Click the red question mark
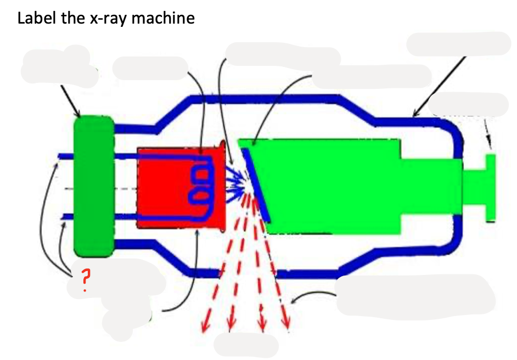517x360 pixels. click(x=84, y=280)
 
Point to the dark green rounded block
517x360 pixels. click(x=93, y=187)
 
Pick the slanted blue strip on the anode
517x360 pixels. click(x=257, y=184)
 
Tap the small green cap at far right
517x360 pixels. click(x=490, y=187)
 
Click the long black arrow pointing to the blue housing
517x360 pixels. click(x=439, y=85)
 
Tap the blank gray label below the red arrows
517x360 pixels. click(x=245, y=345)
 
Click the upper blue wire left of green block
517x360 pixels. click(x=67, y=156)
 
